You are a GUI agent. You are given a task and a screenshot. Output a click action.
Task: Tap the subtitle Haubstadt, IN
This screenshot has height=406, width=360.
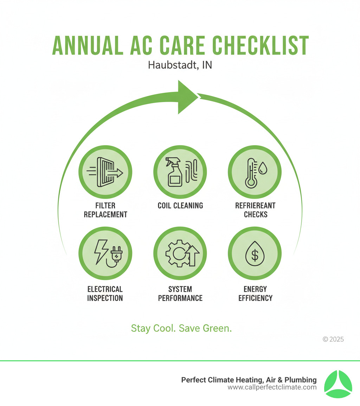tap(180, 65)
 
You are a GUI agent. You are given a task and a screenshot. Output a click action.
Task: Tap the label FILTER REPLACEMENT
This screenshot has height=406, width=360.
tap(105, 210)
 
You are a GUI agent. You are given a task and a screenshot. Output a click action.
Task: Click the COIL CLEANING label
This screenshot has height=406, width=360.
tap(180, 205)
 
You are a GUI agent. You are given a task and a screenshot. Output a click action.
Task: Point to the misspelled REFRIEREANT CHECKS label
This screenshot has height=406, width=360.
tap(255, 210)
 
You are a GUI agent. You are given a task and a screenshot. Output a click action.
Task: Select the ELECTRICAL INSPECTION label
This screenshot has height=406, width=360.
tap(105, 293)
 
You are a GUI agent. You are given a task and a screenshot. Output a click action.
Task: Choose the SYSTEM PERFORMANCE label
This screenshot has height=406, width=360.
tap(180, 293)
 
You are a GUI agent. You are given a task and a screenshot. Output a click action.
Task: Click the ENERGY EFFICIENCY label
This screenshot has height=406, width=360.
tap(255, 293)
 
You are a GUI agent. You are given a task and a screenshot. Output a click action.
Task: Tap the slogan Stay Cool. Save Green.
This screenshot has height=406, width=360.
tap(181, 329)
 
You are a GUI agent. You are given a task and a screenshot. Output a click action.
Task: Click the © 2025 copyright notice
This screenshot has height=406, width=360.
tap(333, 340)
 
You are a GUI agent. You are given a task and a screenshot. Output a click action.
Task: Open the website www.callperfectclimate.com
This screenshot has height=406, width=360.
tap(272, 387)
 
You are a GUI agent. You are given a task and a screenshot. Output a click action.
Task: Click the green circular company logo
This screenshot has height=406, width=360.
tap(337, 384)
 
